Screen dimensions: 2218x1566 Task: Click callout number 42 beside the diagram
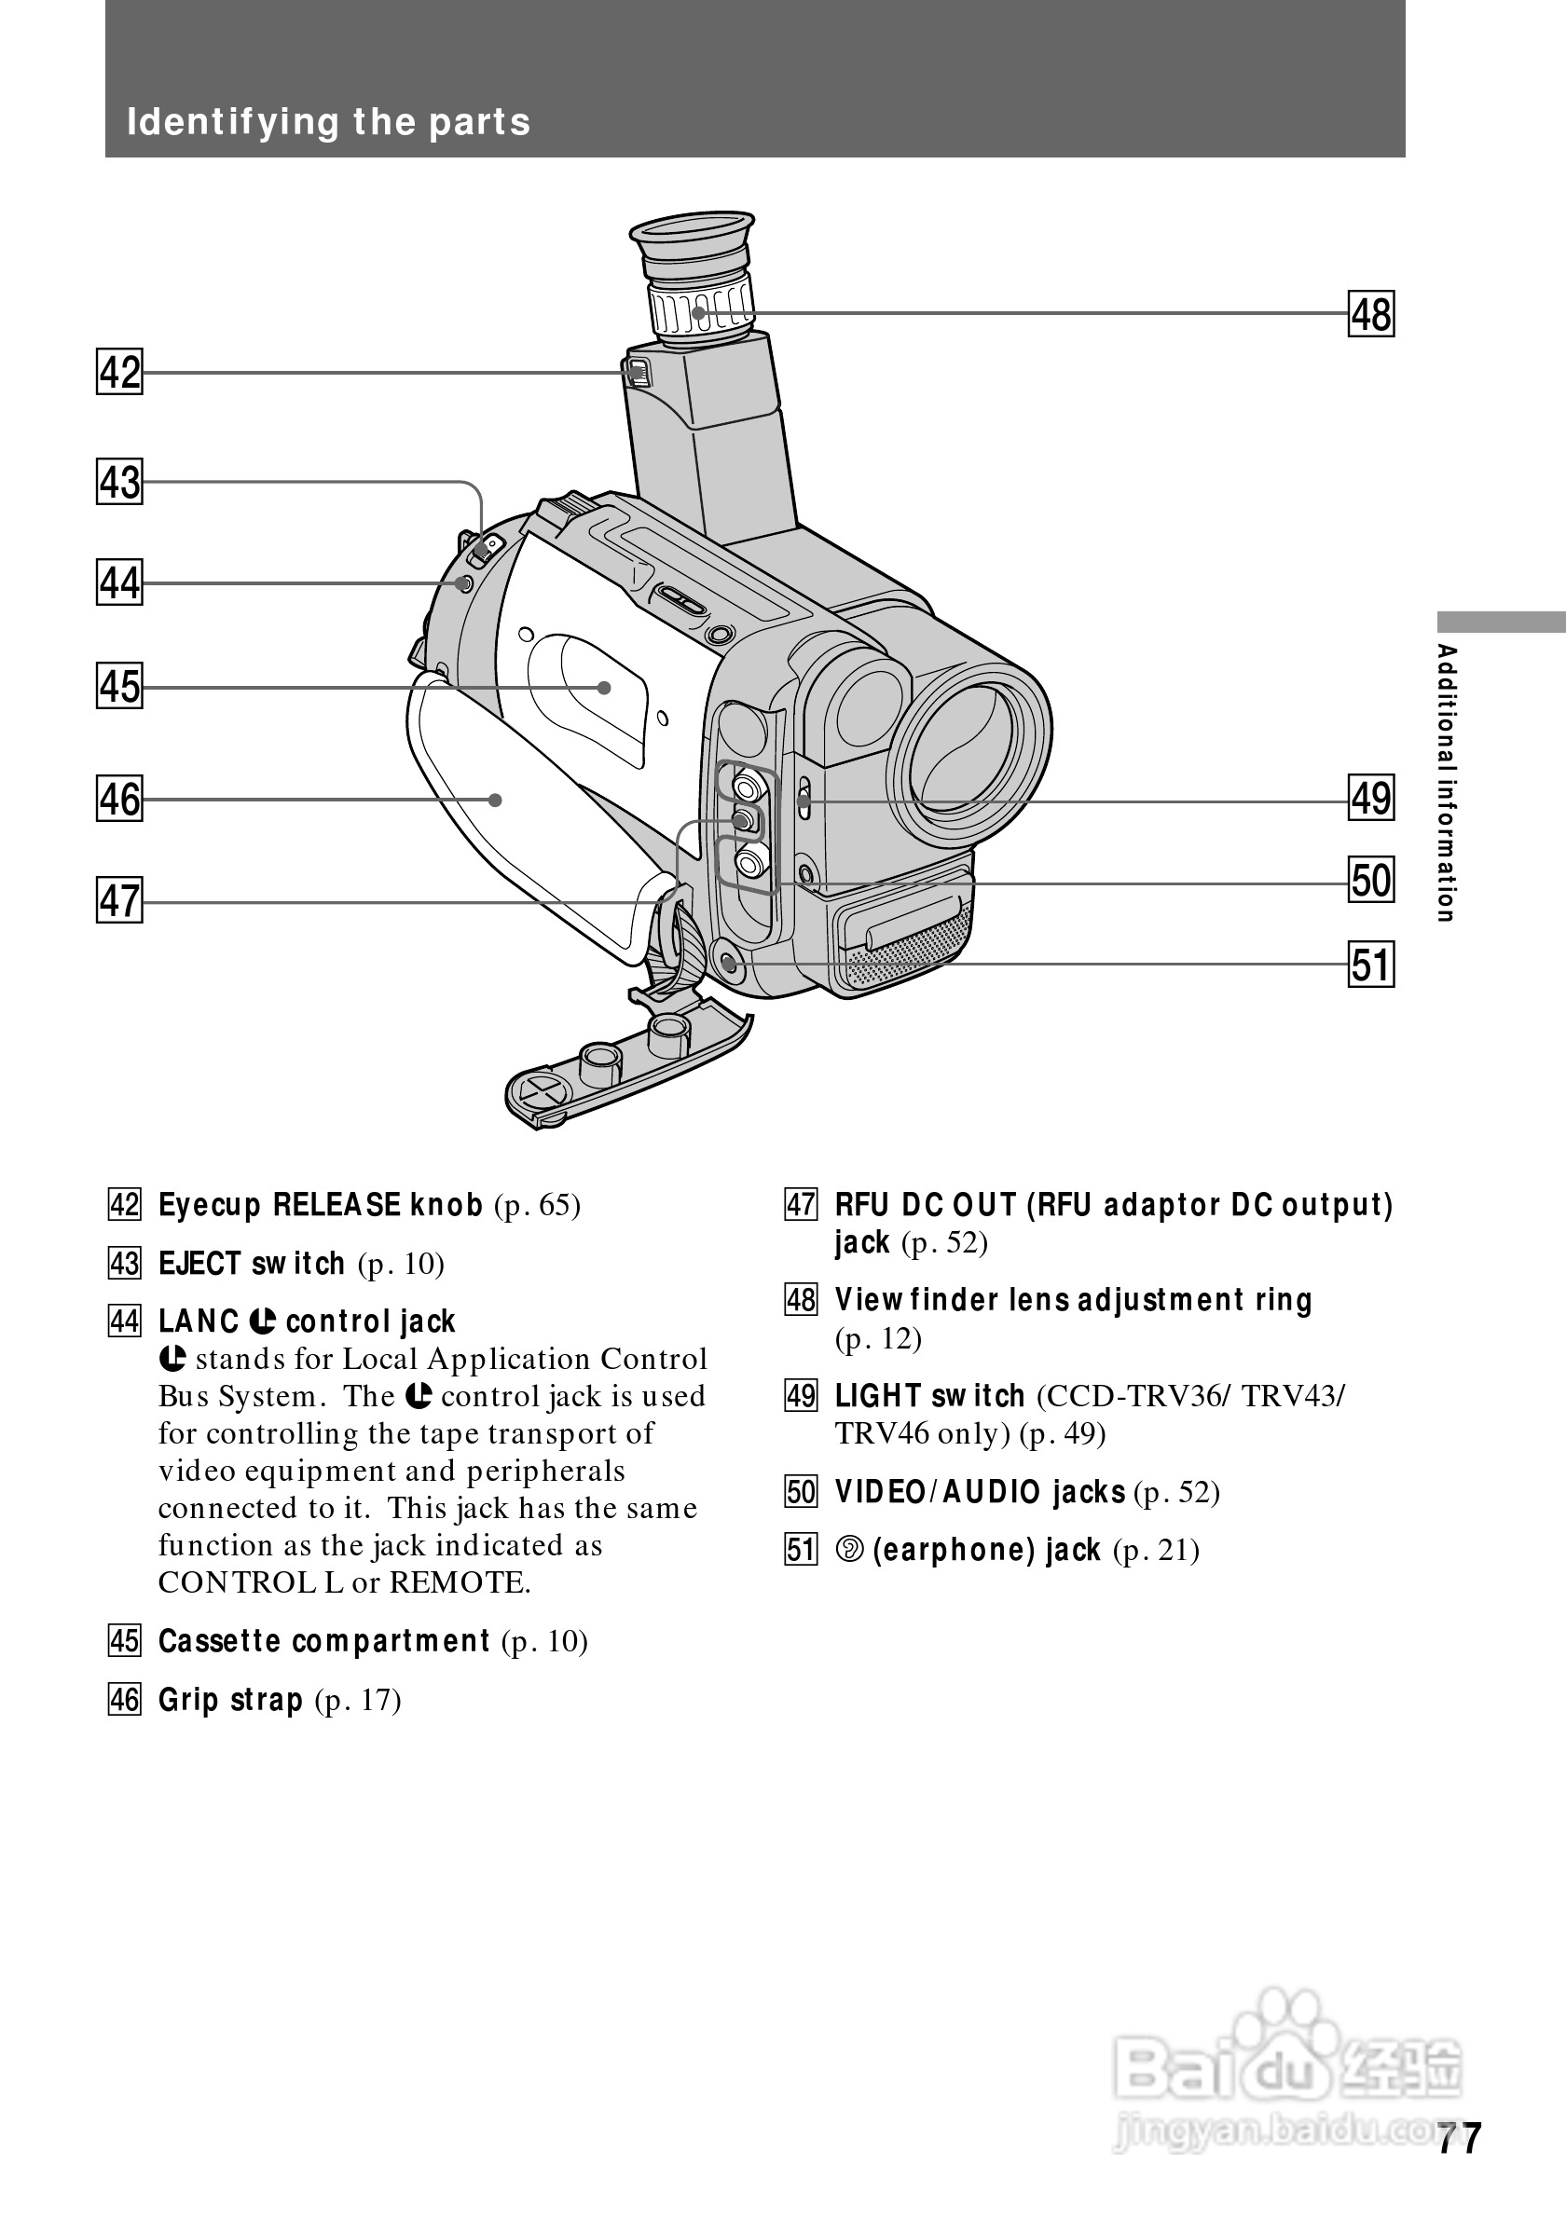pyautogui.click(x=120, y=372)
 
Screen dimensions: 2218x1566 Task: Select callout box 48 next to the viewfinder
pyautogui.click(x=1371, y=314)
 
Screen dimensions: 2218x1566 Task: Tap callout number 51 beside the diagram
pyautogui.click(x=1371, y=965)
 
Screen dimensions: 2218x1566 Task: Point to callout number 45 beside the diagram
pyautogui.click(x=120, y=686)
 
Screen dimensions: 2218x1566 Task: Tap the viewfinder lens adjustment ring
pyautogui.click(x=701, y=307)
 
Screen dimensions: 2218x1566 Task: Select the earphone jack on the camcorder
pyautogui.click(x=729, y=962)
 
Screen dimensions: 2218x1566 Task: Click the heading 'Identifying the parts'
pyautogui.click(x=328, y=123)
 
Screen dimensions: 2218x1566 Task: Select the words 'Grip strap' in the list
pyautogui.click(x=231, y=1699)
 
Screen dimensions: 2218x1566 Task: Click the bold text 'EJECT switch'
pyautogui.click(x=251, y=1264)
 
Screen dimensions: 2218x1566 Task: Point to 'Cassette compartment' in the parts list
pyautogui.click(x=324, y=1641)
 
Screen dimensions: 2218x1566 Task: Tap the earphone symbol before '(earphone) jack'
pyautogui.click(x=849, y=1551)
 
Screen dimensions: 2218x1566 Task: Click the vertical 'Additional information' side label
pyautogui.click(x=1445, y=783)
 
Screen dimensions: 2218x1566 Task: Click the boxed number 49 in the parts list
pyautogui.click(x=801, y=1397)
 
